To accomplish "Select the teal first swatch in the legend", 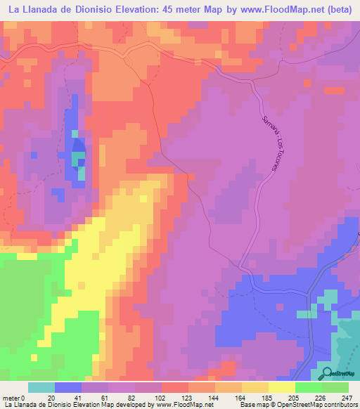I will click(x=41, y=387).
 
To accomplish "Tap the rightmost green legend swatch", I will click(x=335, y=387).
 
